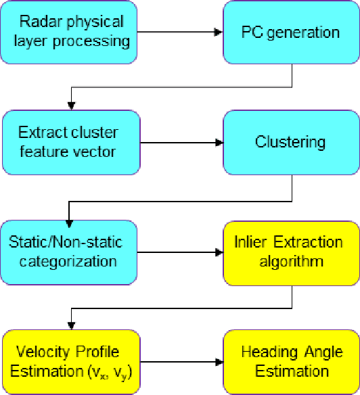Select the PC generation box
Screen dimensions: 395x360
291,31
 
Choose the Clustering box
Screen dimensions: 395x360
291,142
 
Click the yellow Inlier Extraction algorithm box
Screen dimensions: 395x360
291,252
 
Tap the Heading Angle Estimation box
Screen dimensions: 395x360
291,361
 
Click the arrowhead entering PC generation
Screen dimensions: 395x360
219,31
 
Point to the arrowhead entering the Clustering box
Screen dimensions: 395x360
219,142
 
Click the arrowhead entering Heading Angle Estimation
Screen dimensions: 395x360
219,361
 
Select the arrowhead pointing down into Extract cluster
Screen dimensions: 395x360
70,106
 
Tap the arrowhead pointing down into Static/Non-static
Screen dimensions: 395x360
70,216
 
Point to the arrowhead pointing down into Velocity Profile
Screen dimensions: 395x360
70,325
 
